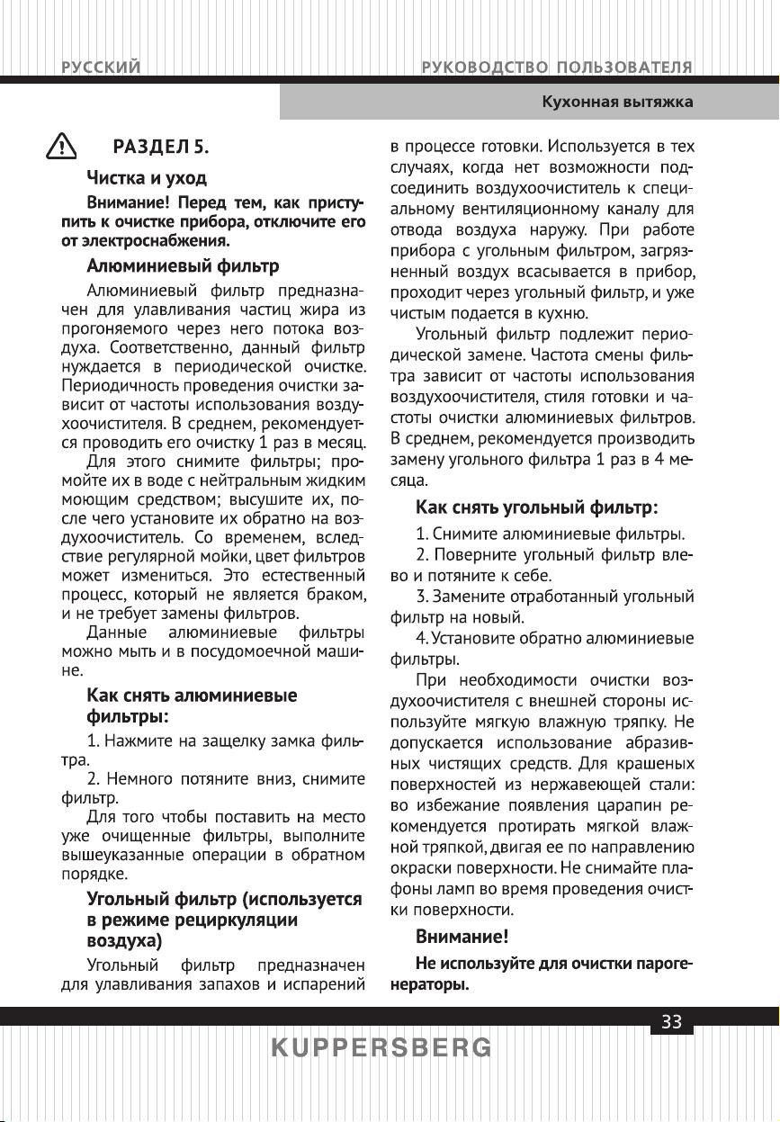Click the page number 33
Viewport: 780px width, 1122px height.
pos(671,1021)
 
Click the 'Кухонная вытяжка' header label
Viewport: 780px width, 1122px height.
pos(616,102)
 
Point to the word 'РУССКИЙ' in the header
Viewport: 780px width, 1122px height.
pos(100,67)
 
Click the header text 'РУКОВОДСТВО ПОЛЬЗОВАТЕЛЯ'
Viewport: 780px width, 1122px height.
pos(557,67)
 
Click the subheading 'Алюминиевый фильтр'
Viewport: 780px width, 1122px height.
pos(183,266)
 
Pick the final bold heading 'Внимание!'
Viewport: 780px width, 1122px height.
pos(462,937)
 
